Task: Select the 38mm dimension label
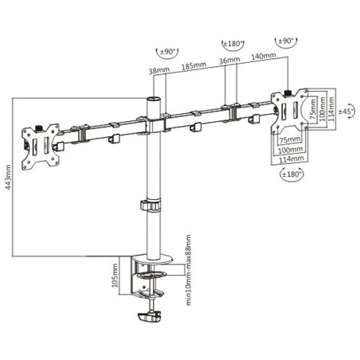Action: pyautogui.click(x=158, y=70)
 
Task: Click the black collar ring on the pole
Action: pyautogui.click(x=150, y=205)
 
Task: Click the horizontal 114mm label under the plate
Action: pyautogui.click(x=293, y=155)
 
